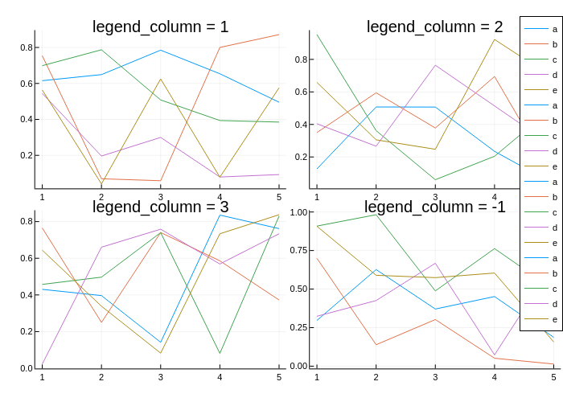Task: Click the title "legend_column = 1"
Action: pos(161,27)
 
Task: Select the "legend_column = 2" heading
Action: pos(434,27)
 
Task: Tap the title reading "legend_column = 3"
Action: pos(161,207)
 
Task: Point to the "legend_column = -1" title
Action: pos(435,207)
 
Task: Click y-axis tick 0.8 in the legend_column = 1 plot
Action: pos(27,47)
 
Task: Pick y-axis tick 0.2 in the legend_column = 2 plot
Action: pos(301,158)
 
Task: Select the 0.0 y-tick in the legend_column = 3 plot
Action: pos(27,368)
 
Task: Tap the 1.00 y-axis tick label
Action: pos(298,212)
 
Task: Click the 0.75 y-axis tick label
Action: pos(298,250)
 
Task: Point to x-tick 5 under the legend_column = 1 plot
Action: pos(279,197)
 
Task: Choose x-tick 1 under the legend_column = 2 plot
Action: pos(317,197)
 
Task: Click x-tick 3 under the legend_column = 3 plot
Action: pos(161,377)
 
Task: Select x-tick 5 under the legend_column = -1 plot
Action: pos(553,377)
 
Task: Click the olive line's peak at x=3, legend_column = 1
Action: pos(161,79)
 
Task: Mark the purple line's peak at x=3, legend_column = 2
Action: pos(435,65)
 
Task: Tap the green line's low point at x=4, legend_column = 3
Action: pos(220,353)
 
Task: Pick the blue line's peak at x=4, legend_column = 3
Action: pos(220,215)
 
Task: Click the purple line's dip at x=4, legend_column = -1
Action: pos(495,355)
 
